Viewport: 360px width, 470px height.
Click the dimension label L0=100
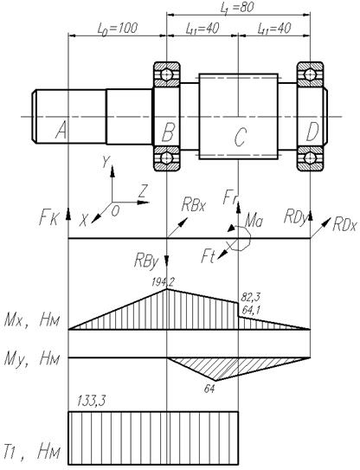click(x=118, y=29)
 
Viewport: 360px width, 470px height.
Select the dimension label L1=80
click(x=237, y=8)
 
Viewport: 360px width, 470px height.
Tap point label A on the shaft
click(x=61, y=132)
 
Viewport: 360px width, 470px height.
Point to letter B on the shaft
click(x=168, y=132)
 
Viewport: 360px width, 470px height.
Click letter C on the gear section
click(x=241, y=138)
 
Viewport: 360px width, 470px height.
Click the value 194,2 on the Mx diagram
click(x=163, y=282)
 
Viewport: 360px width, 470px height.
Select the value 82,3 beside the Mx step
click(x=251, y=298)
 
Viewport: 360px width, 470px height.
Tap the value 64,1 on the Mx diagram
click(x=251, y=310)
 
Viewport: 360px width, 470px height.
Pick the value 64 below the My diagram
click(x=209, y=389)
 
